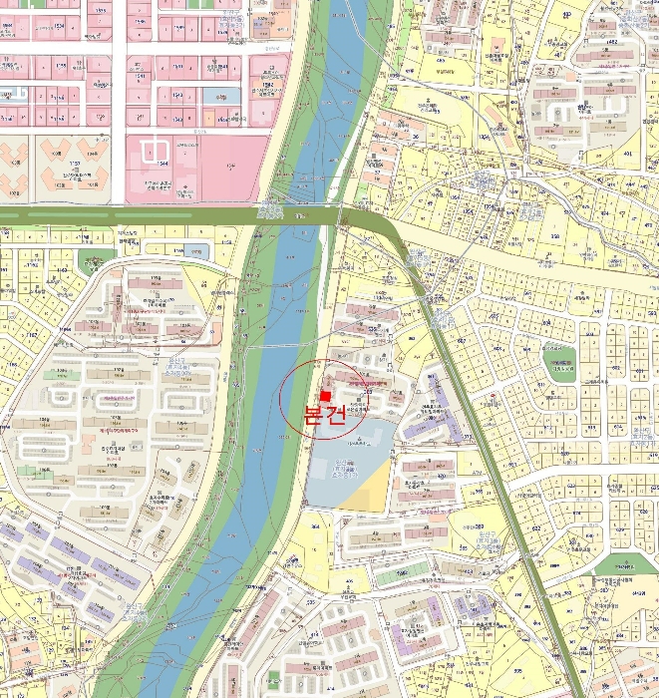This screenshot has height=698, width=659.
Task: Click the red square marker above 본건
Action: coord(324,396)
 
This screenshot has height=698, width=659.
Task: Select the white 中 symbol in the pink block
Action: coord(156,153)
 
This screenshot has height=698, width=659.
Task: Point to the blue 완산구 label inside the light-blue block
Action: coord(344,469)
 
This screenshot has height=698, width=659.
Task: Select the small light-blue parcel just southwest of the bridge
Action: coord(196,250)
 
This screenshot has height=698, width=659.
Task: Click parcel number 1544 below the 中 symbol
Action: coord(161,171)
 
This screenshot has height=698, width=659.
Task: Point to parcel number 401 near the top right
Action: coord(629,154)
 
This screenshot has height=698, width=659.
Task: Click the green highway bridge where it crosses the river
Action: coord(299,215)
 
